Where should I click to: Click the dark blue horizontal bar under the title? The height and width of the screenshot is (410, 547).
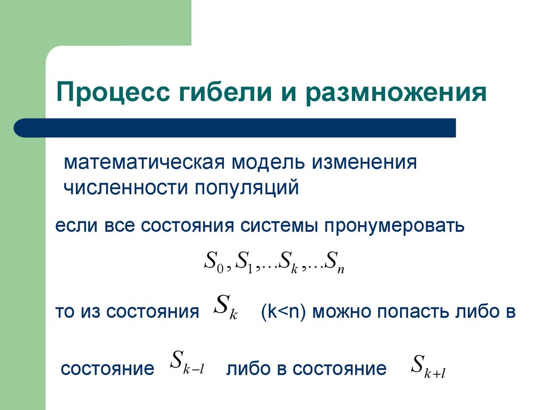(235, 128)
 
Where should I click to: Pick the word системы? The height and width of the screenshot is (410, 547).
(276, 226)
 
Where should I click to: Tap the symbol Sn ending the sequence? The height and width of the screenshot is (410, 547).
(335, 263)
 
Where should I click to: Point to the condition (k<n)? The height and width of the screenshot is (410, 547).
(283, 311)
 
